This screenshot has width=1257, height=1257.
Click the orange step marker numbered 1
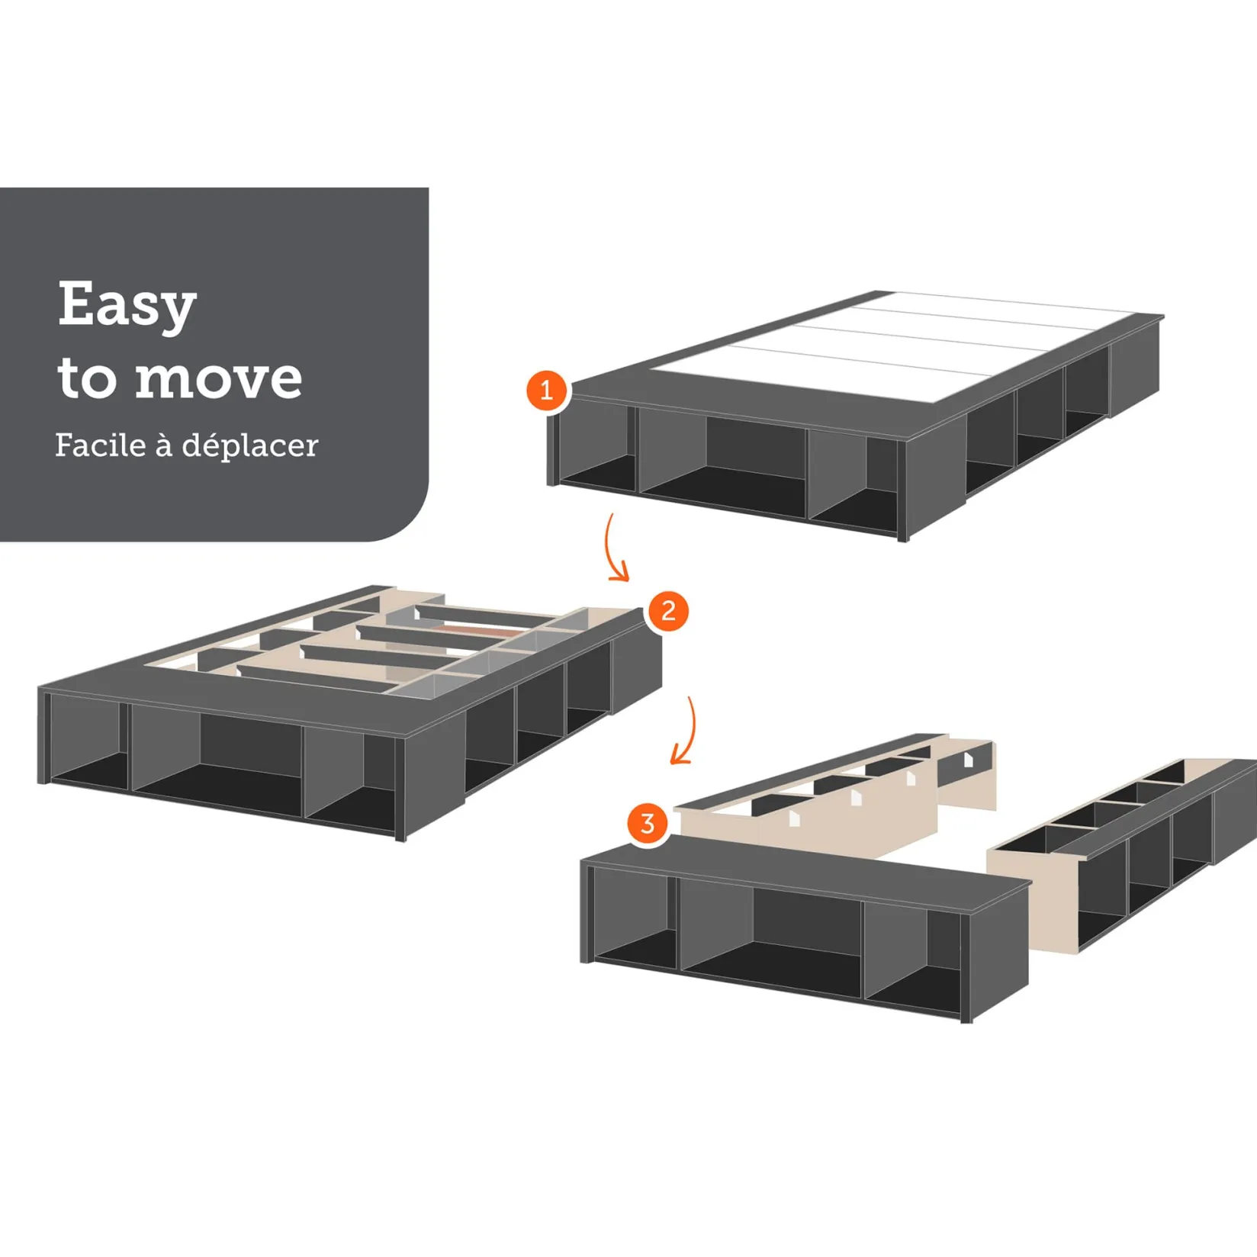coord(546,391)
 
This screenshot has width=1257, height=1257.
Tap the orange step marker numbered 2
coord(668,611)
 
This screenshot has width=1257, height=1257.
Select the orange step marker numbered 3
coord(648,824)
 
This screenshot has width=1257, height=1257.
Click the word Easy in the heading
coord(127,305)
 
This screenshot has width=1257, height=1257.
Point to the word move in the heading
coord(218,378)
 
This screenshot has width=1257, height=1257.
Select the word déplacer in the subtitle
coord(250,446)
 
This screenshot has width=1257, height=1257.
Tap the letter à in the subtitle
coord(163,445)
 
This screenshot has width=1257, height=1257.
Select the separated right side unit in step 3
coord(1122,854)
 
